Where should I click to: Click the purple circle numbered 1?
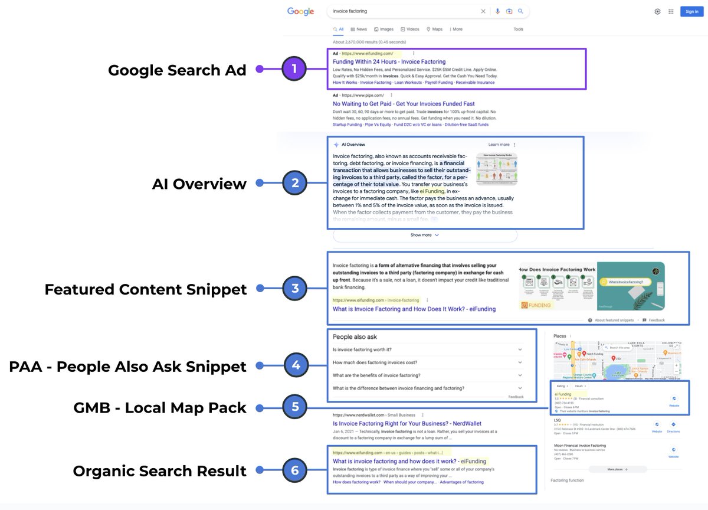point(295,69)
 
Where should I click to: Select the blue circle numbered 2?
point(295,183)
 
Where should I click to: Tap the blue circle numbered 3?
point(295,289)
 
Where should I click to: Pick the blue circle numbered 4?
point(295,365)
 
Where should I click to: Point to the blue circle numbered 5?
point(295,407)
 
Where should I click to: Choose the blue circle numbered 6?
point(295,470)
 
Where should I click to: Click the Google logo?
point(300,11)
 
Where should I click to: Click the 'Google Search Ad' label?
point(177,70)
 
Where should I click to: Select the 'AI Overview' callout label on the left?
point(199,184)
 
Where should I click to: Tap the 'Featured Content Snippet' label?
point(146,289)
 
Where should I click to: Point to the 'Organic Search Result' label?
point(159,471)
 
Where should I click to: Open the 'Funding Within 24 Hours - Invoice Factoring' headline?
point(389,61)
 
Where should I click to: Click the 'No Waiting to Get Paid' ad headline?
point(404,104)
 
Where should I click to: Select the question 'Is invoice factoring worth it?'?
point(370,349)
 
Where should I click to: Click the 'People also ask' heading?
point(355,337)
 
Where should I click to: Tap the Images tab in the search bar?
point(384,29)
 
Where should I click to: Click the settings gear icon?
point(657,11)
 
